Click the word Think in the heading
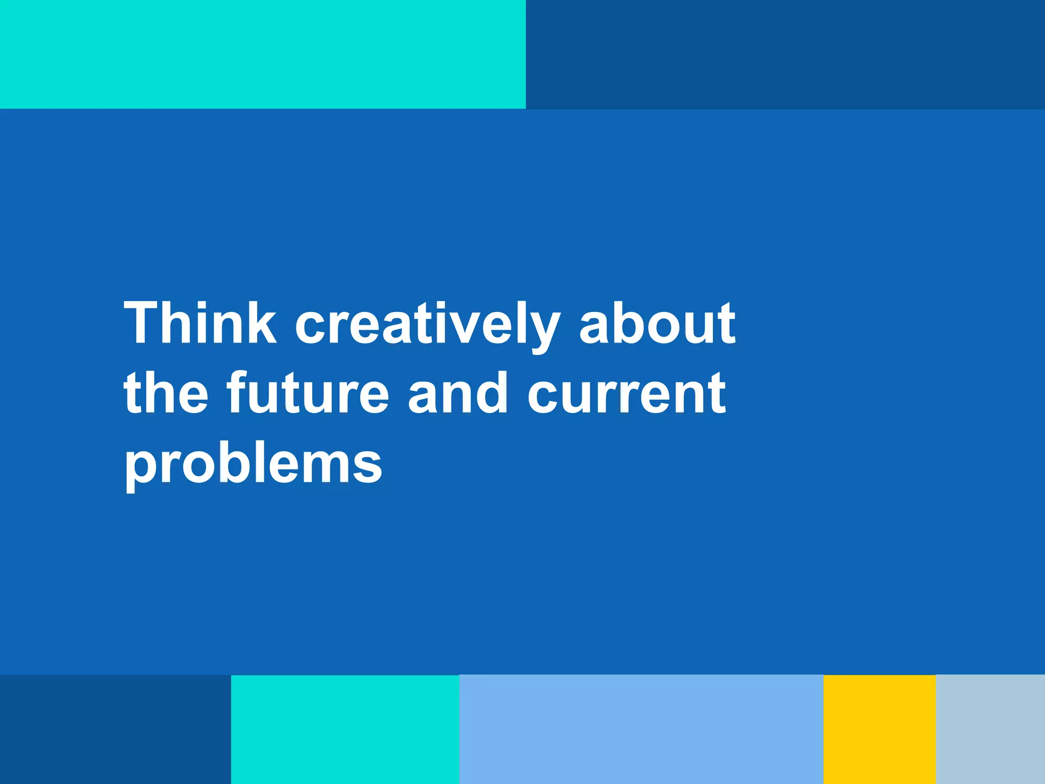click(200, 324)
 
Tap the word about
click(657, 324)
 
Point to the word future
click(308, 394)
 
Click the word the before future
click(166, 394)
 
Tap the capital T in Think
click(143, 324)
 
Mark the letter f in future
click(237, 392)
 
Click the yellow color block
click(879, 729)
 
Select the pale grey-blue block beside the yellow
click(990, 729)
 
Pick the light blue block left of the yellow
click(641, 729)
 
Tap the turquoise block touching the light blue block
click(345, 729)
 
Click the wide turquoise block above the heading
click(263, 54)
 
